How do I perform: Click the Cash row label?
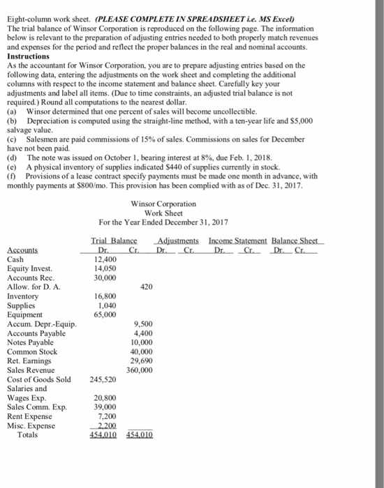pos(17,258)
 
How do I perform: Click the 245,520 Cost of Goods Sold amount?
pos(103,379)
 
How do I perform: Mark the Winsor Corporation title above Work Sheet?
pos(163,203)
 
